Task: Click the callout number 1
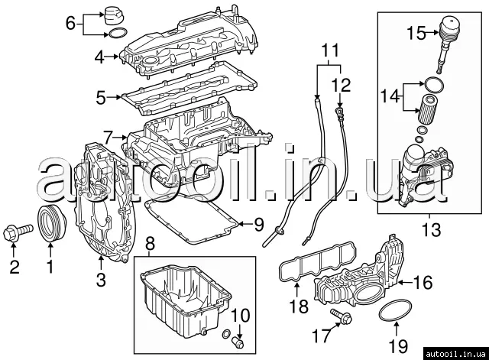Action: pos(50,267)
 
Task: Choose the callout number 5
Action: pos(100,97)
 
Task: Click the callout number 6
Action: pos(70,24)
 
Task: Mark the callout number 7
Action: pos(108,138)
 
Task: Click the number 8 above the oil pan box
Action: pos(150,244)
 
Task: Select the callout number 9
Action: pos(258,225)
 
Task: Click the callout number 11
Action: pos(329,51)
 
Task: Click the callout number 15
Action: pos(416,33)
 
